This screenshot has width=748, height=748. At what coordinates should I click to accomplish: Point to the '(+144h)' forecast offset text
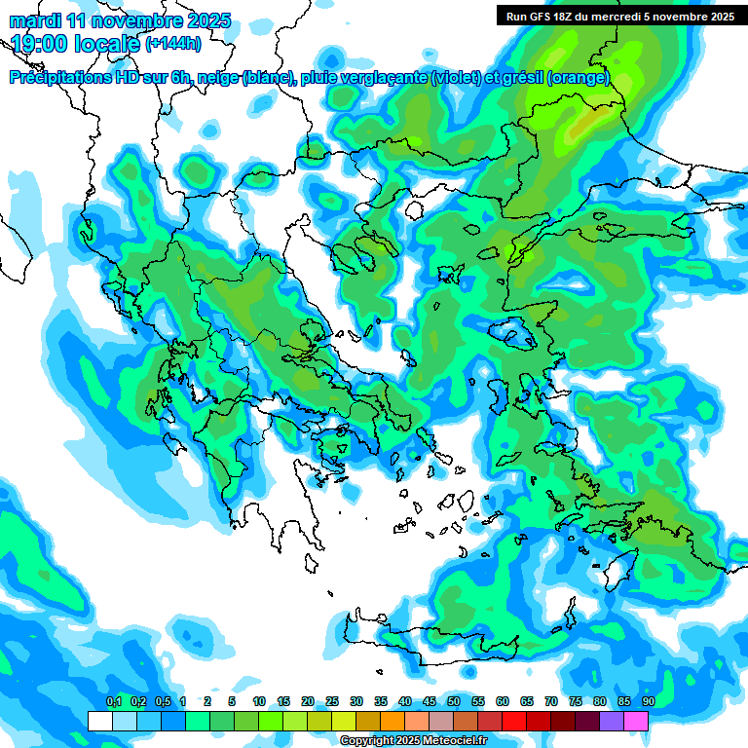point(173,43)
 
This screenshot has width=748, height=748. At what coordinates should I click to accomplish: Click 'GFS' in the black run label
point(545,17)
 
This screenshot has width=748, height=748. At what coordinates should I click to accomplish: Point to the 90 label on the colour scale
point(648,702)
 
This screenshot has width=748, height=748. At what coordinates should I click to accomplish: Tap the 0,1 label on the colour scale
point(113,702)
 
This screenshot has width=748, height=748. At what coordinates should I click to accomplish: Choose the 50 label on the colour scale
point(453,702)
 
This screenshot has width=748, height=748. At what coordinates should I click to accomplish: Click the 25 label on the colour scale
point(332,702)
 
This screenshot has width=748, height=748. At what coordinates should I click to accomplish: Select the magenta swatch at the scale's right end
point(636,721)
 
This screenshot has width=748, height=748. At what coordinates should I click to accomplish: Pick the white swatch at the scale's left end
point(99,721)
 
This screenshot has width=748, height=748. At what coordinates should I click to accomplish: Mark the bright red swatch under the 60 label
point(514,721)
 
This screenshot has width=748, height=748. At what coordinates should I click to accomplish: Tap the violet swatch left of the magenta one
point(612,721)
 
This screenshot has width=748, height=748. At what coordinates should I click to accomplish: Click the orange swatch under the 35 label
point(393,721)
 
